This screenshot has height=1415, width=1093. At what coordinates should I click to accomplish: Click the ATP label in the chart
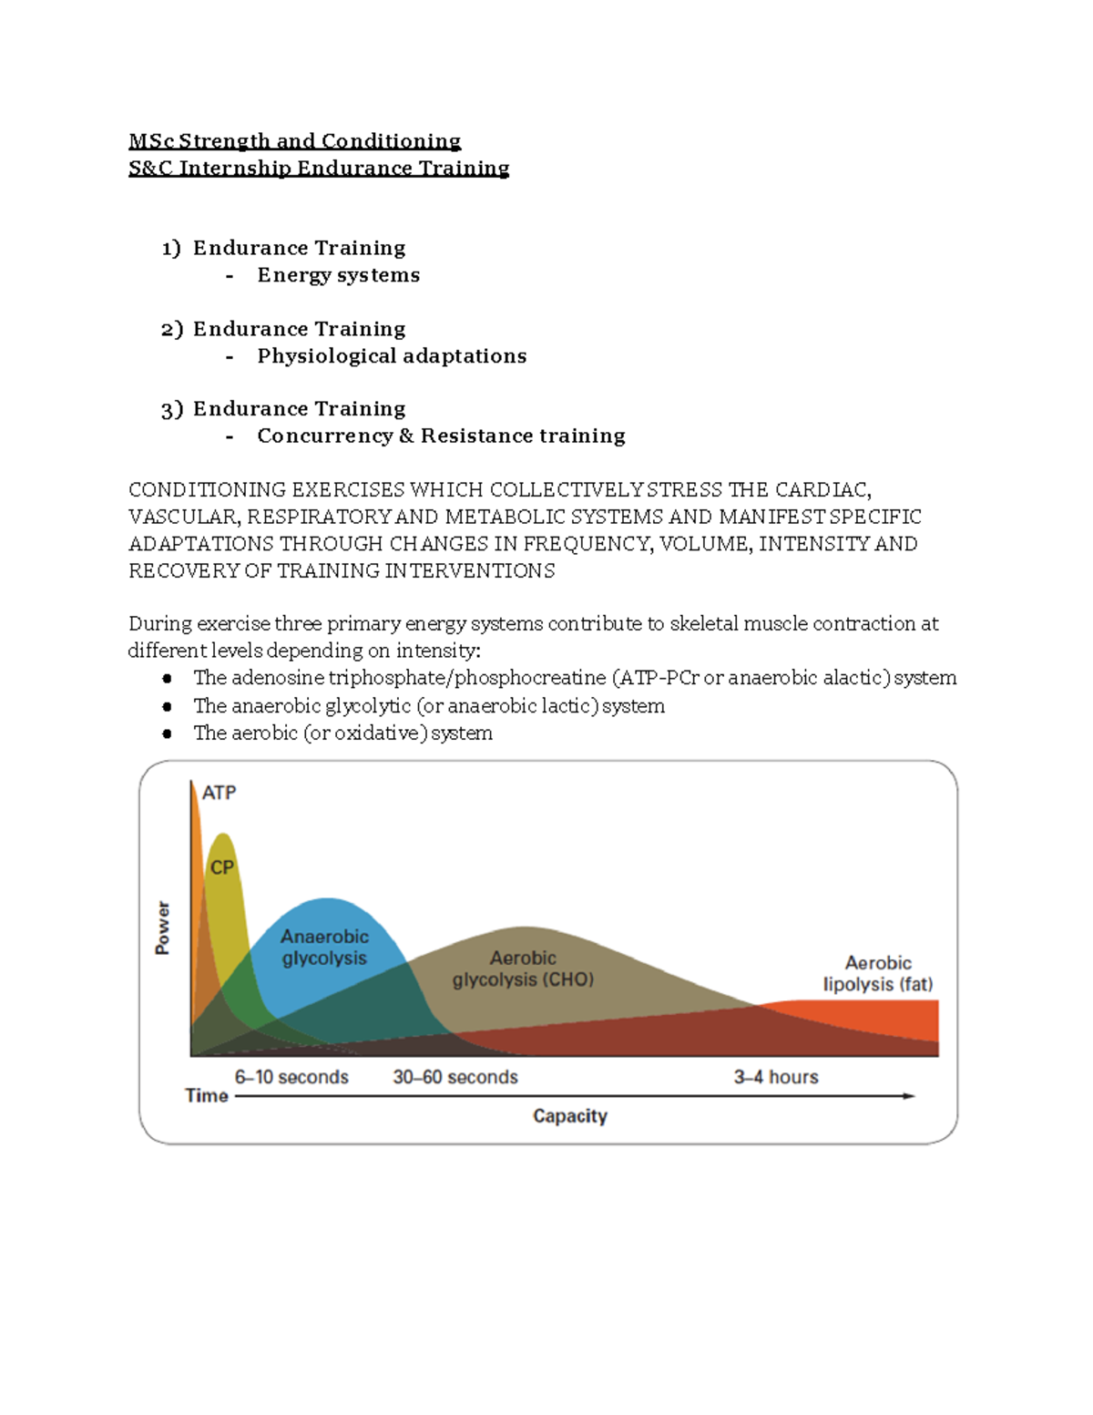tap(219, 793)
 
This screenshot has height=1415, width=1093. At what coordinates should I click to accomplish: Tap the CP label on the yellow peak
tap(222, 867)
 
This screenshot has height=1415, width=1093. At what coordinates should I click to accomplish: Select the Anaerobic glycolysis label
tap(324, 948)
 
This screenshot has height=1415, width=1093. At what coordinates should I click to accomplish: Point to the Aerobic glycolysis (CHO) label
tap(523, 969)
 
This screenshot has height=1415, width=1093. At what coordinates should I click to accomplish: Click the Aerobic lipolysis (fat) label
tap(878, 974)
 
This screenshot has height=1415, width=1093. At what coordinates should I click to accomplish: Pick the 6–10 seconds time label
tap(291, 1077)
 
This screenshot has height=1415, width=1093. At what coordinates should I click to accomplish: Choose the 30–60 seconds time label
tap(455, 1077)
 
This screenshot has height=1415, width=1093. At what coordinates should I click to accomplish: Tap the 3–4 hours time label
tap(776, 1077)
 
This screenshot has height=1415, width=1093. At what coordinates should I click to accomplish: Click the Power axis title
tap(163, 928)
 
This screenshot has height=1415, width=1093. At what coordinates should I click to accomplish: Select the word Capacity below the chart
tap(570, 1116)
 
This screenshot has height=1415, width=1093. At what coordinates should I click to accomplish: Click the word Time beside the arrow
tap(207, 1096)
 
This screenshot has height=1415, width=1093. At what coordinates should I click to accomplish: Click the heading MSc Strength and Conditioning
tap(294, 141)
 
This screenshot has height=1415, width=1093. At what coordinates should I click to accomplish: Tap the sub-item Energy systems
tap(338, 275)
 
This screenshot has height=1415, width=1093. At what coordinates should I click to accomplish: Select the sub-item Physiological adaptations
tap(392, 356)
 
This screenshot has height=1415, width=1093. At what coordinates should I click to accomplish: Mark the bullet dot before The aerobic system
tap(167, 733)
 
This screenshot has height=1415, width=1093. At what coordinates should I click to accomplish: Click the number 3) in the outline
tap(172, 410)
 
